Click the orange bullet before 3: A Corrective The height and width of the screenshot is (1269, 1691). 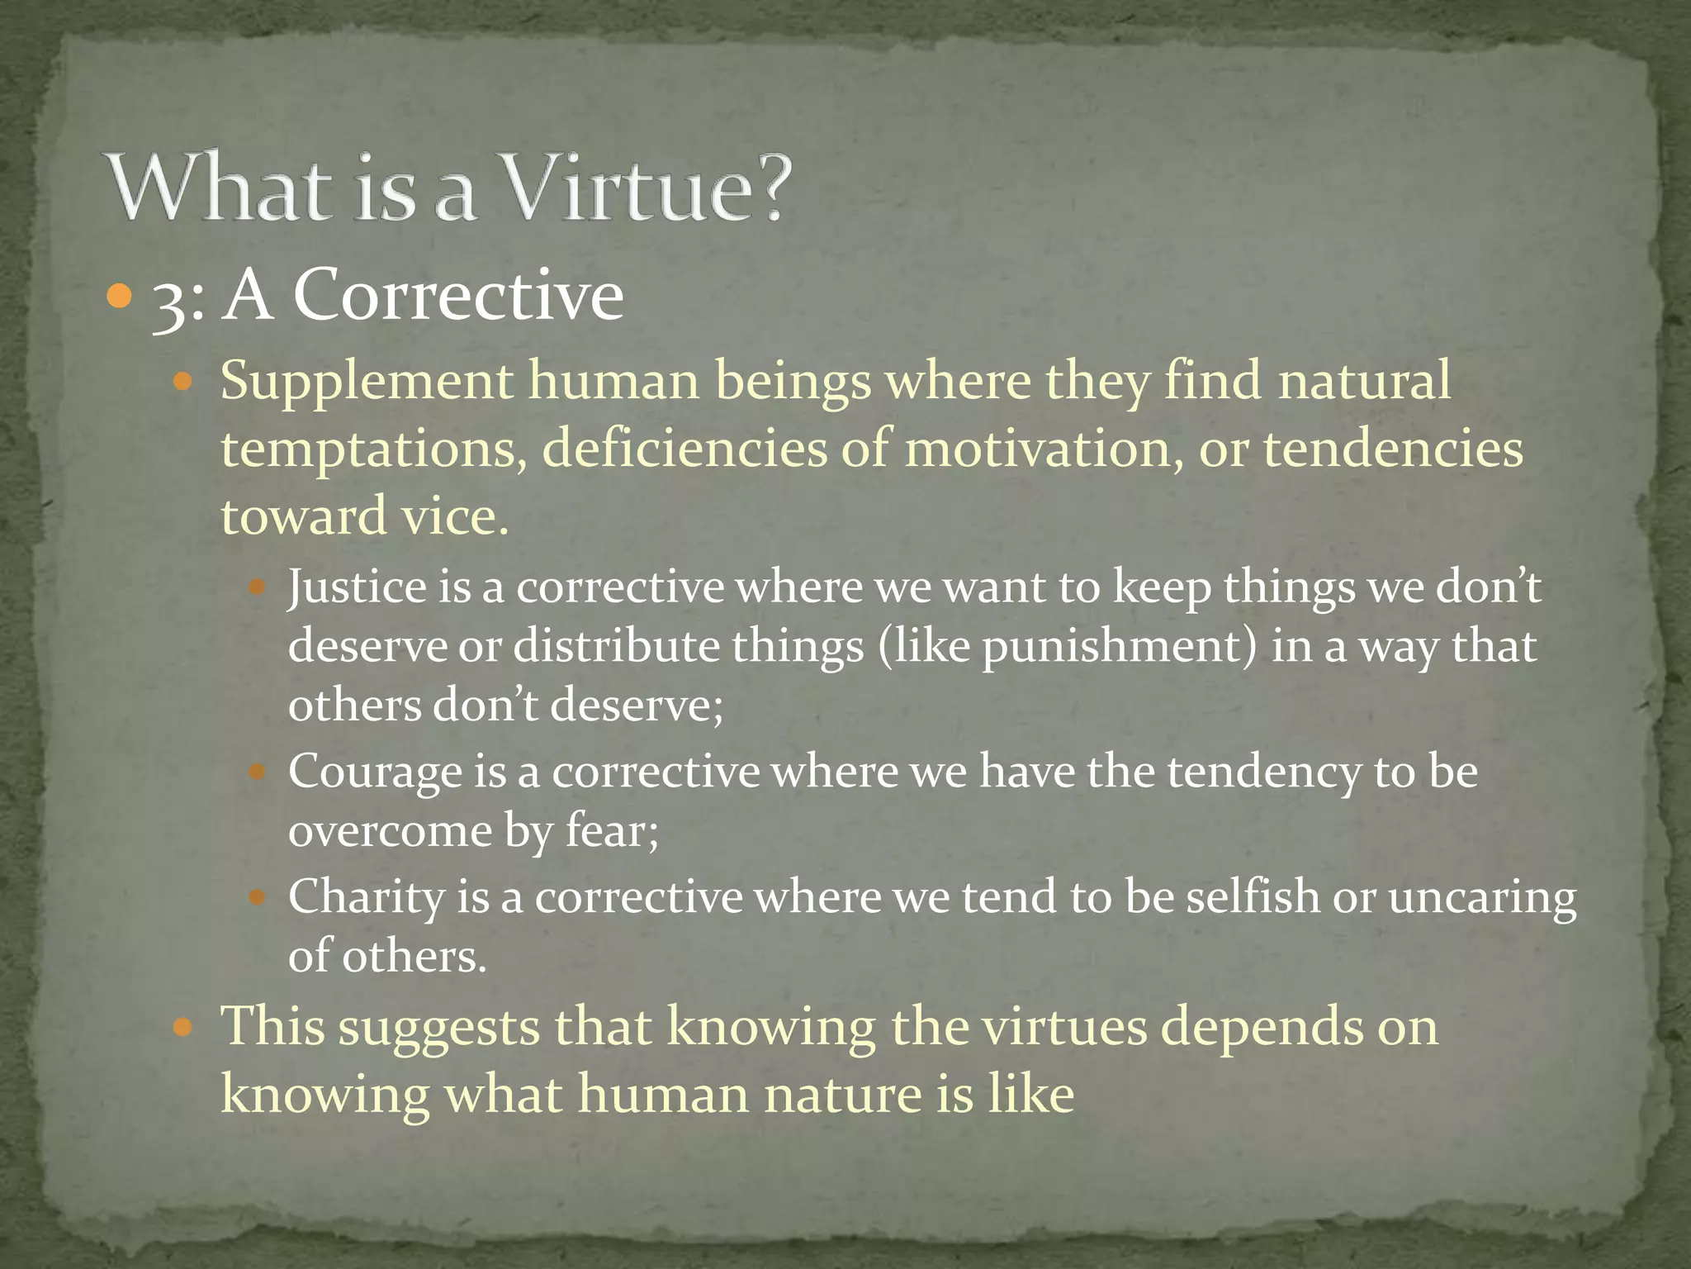pos(120,295)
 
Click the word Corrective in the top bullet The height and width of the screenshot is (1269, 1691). pos(459,295)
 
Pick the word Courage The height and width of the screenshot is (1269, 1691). pos(375,773)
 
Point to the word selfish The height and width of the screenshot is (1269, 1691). pos(1253,896)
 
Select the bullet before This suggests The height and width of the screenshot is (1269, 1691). pos(183,1028)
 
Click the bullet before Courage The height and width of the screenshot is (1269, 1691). pos(257,774)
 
